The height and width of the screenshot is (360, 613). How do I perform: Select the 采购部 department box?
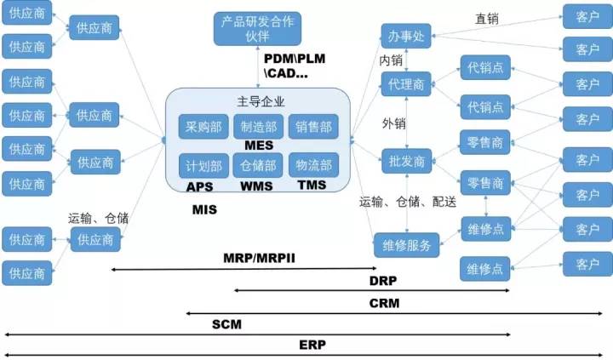[203, 128]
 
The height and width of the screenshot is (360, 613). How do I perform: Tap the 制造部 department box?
[257, 128]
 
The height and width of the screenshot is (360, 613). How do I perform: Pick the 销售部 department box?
[312, 128]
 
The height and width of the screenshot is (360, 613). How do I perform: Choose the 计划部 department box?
[203, 164]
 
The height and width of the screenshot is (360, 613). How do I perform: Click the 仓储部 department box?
[257, 164]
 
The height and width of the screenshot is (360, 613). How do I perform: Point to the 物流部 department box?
[312, 164]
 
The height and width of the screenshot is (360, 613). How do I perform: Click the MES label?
[257, 146]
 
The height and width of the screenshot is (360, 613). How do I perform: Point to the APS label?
[199, 185]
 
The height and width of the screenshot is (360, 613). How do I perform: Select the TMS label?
[312, 185]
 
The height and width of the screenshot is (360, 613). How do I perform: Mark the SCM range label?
[226, 324]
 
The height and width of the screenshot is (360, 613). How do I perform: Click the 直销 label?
[487, 18]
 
